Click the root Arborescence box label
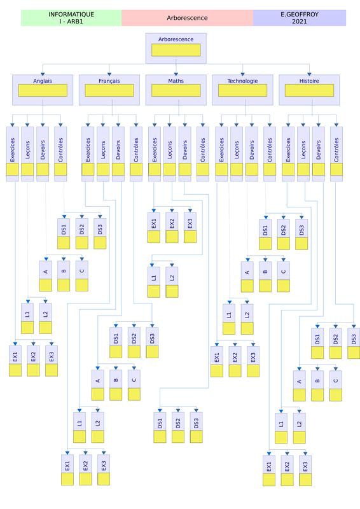tap(176, 39)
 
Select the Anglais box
tap(43, 90)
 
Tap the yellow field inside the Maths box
tap(176, 90)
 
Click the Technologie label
tap(242, 81)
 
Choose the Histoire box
tap(309, 90)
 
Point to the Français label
tap(109, 81)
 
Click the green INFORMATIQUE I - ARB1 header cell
tap(71, 18)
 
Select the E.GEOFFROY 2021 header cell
tap(300, 18)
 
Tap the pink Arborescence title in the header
tap(187, 18)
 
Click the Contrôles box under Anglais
tap(60, 154)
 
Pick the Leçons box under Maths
tap(170, 154)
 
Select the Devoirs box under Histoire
tap(319, 154)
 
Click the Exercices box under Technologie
tap(221, 154)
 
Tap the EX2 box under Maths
tap(172, 228)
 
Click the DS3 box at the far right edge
tap(354, 344)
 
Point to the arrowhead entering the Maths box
tap(176, 74)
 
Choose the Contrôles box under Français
tap(136, 154)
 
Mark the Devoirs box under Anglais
tap(43, 154)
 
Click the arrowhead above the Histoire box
tap(309, 74)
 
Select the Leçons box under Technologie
tap(237, 154)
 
